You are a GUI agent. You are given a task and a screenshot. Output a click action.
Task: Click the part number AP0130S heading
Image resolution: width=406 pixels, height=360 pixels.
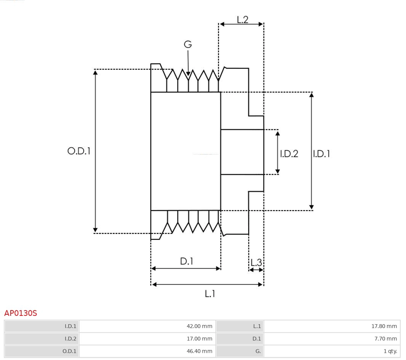(21, 313)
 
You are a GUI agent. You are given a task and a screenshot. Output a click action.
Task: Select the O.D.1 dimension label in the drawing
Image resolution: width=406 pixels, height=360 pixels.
(79, 151)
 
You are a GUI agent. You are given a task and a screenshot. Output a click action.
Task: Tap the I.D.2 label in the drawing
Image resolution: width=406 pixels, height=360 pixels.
(289, 154)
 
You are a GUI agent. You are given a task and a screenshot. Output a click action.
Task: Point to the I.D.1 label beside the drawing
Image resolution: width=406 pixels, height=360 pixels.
(321, 154)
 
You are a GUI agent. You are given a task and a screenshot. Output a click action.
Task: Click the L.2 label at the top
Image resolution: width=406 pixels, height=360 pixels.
(242, 20)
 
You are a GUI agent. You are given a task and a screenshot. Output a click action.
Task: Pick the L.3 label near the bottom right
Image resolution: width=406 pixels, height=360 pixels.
(256, 262)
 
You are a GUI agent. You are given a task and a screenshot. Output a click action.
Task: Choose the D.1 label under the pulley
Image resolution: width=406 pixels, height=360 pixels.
(186, 261)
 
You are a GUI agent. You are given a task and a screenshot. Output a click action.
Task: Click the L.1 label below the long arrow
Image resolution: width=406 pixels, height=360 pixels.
(210, 293)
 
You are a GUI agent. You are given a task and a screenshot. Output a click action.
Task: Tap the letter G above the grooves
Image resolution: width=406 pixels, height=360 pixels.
(188, 45)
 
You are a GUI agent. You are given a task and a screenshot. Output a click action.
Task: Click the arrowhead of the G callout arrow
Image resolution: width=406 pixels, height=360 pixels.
(188, 73)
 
